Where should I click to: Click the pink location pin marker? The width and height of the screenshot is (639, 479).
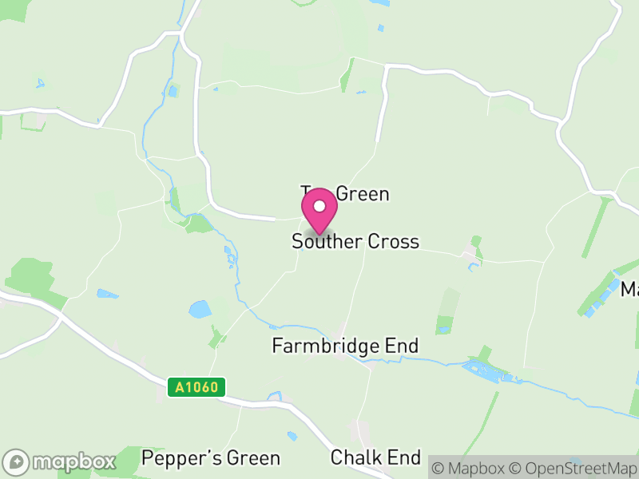click(x=319, y=212)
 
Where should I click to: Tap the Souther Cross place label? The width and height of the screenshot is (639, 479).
click(x=355, y=241)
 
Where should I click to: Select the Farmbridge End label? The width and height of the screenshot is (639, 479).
click(x=345, y=346)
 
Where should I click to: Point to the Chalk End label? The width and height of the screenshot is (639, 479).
click(x=375, y=457)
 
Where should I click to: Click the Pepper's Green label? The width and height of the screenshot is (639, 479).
click(x=211, y=458)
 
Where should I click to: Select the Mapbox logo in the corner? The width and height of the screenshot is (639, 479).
click(x=61, y=461)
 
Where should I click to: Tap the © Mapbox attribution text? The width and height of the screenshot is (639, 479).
click(x=469, y=467)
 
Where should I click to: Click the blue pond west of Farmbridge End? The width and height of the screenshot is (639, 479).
click(x=199, y=309)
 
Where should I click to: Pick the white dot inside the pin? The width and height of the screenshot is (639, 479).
click(x=319, y=206)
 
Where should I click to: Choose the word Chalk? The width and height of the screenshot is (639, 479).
click(x=356, y=457)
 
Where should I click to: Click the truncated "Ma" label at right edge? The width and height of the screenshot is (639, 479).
click(x=629, y=290)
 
